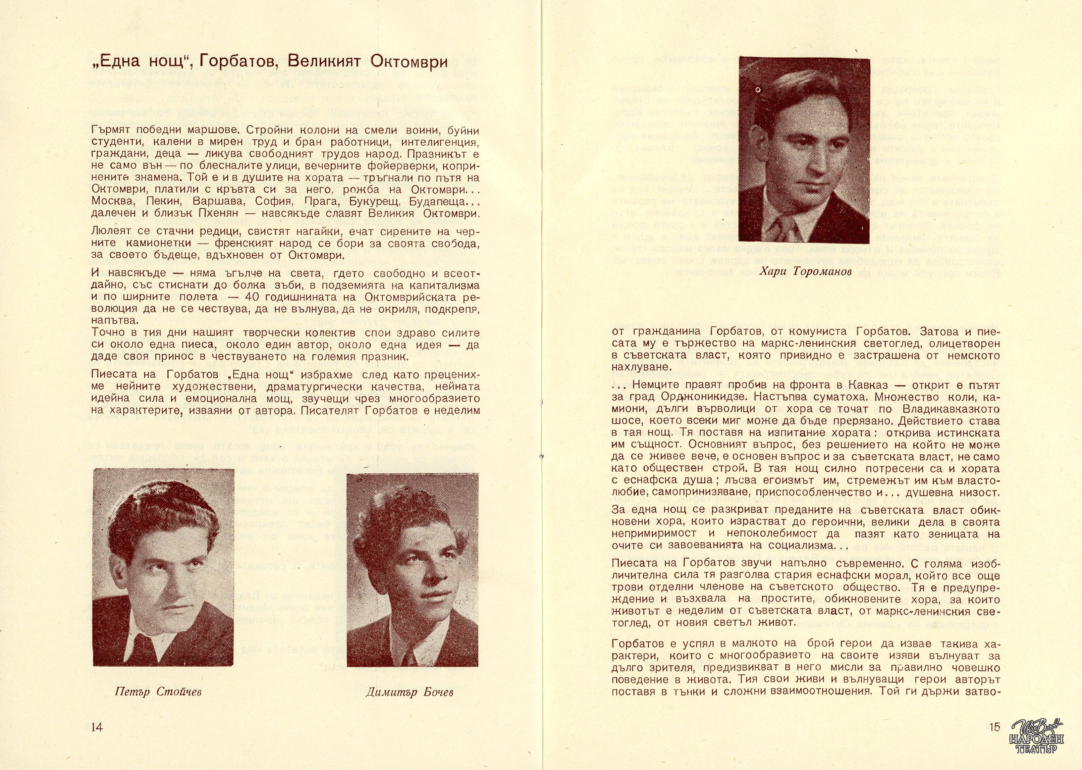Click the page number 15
click(995, 727)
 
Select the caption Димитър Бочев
click(409, 692)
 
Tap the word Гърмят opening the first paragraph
click(111, 131)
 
